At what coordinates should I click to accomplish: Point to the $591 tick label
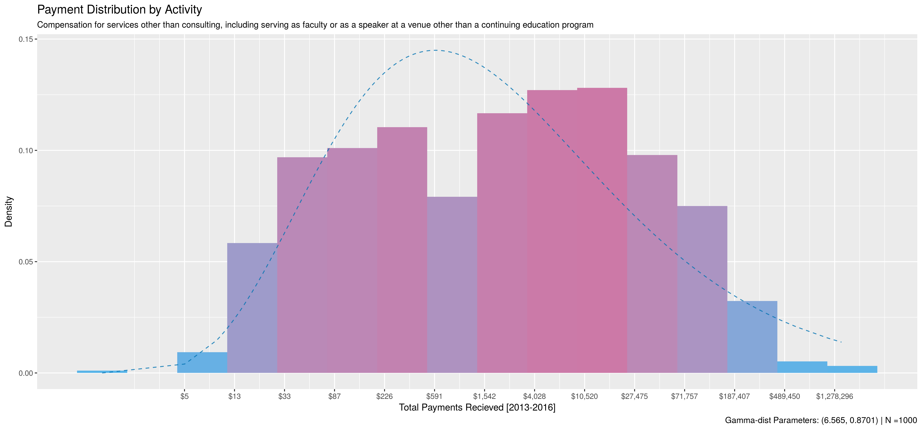point(434,396)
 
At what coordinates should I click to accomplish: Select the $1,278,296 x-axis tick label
point(834,396)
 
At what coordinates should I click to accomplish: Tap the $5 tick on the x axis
point(184,396)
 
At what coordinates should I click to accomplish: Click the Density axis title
point(9,212)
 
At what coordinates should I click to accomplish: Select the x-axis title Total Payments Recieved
point(477,407)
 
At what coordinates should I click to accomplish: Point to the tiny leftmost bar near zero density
point(102,372)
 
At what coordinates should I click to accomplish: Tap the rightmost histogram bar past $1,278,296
point(852,369)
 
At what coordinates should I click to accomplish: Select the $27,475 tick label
point(634,396)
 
